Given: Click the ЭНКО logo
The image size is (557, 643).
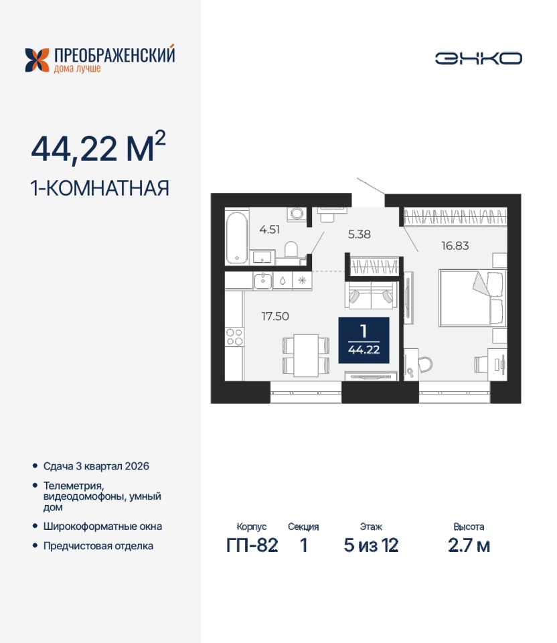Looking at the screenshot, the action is (478, 58).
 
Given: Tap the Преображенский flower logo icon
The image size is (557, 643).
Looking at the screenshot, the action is (37, 60).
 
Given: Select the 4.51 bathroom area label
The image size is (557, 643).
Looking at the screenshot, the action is (269, 230).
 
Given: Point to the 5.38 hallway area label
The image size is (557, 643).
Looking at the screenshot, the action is (359, 234).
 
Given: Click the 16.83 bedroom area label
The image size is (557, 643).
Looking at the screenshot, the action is (455, 246).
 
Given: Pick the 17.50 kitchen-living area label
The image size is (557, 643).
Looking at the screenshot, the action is (275, 316).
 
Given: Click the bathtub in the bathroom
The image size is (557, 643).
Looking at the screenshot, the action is (237, 237).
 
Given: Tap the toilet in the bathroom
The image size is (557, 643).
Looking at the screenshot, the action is (291, 251).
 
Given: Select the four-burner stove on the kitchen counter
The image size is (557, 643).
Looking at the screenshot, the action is (234, 337).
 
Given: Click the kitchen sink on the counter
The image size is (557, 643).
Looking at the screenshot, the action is (262, 281).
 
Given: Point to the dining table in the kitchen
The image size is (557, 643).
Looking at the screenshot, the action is (306, 355).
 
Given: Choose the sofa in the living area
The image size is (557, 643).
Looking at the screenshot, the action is (372, 295).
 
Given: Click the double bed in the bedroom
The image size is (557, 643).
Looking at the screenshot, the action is (472, 298).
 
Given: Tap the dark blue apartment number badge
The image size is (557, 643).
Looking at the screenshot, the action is (364, 340).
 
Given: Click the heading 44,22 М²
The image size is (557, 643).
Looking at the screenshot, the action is (98, 147).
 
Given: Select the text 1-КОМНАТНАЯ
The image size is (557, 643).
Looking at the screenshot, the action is (100, 189).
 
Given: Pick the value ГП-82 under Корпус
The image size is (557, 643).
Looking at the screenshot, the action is (252, 545).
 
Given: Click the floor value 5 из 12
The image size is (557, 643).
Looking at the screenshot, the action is (371, 545).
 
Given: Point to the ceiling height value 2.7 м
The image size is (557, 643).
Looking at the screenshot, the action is (469, 545).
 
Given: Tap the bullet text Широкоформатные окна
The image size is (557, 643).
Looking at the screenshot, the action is (102, 526).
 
